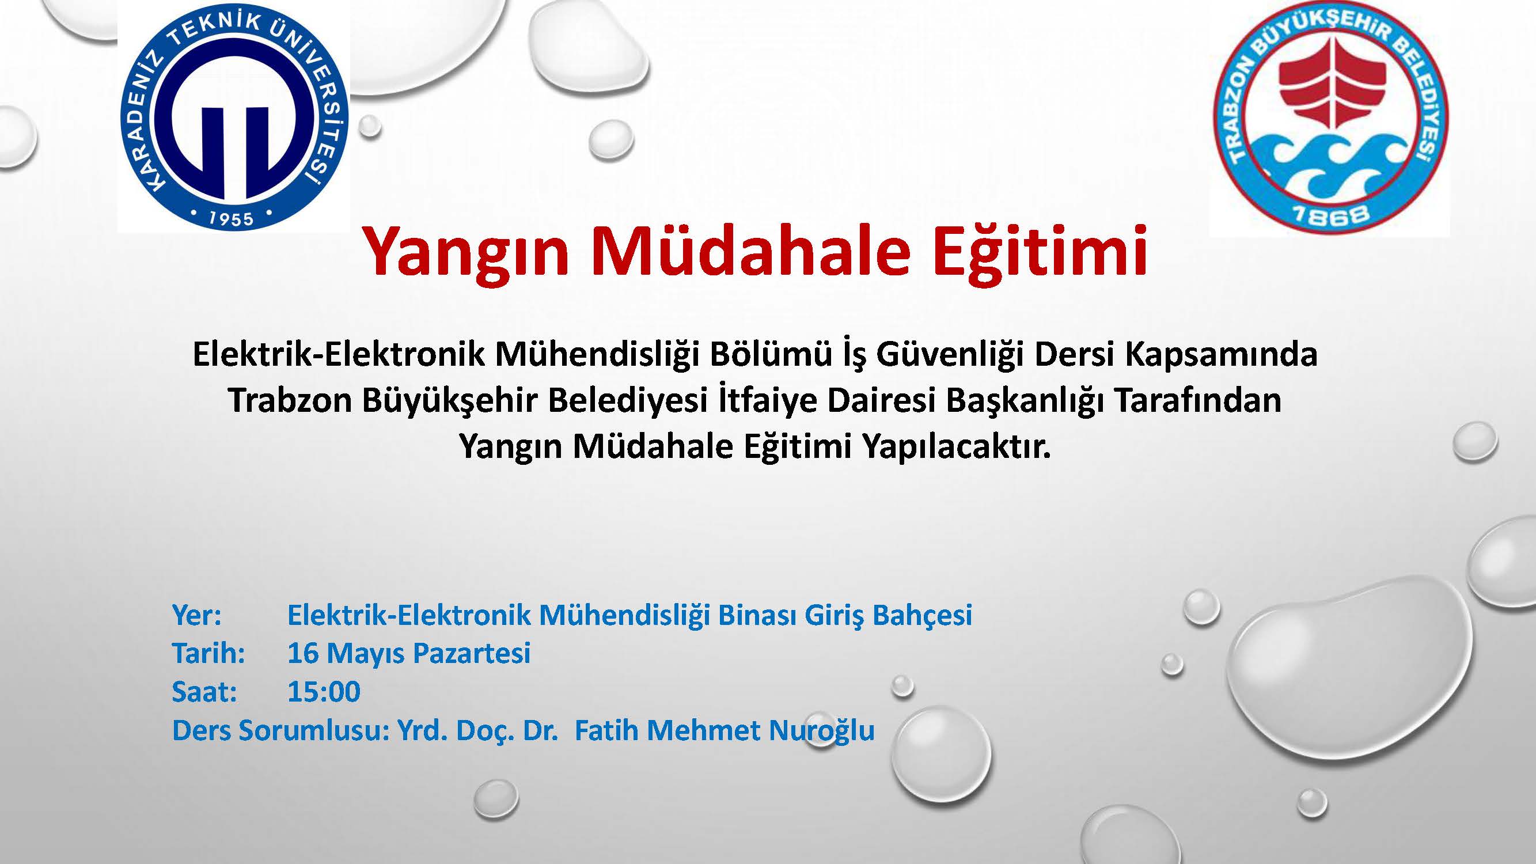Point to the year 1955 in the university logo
click(231, 218)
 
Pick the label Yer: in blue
click(197, 615)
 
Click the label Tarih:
click(208, 654)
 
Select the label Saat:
click(204, 692)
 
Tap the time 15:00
click(324, 692)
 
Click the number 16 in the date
click(303, 654)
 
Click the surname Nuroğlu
click(822, 731)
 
